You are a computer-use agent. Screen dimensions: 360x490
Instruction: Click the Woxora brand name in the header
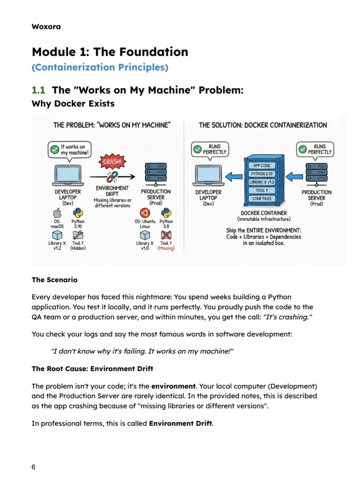[46, 27]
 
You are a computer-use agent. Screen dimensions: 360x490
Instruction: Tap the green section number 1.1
[39, 90]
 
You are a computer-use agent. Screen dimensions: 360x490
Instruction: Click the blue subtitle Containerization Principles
[100, 67]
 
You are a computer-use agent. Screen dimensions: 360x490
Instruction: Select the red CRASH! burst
[112, 162]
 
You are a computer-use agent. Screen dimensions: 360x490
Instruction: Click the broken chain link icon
[112, 177]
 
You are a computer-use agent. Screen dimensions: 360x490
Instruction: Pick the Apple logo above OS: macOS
[57, 213]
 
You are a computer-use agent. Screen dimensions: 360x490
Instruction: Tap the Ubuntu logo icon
[145, 213]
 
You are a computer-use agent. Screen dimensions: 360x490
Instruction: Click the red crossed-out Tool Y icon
[166, 235]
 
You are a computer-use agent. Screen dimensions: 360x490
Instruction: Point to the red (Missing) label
[166, 248]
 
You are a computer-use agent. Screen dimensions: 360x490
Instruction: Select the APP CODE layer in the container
[262, 165]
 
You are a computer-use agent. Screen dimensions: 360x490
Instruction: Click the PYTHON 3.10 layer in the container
[262, 174]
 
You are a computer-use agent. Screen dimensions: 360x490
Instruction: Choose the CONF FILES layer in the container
[262, 199]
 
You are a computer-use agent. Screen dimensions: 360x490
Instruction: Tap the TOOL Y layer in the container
[262, 190]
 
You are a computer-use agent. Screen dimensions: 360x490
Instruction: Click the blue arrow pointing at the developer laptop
[234, 177]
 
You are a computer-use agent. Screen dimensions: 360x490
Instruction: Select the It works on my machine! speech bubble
[69, 151]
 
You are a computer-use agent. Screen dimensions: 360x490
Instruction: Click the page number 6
[33, 467]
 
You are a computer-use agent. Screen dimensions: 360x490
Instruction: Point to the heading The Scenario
[54, 280]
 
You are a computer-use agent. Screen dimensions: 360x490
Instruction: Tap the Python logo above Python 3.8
[166, 213]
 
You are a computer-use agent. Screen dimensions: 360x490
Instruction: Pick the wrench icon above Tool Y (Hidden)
[78, 235]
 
